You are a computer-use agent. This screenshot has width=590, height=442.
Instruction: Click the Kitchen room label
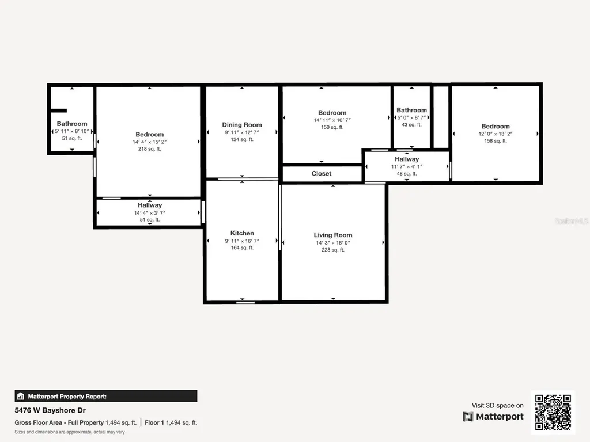(242, 233)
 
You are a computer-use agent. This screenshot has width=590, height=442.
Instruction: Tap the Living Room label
(333, 235)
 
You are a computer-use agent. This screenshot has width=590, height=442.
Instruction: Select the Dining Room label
(242, 125)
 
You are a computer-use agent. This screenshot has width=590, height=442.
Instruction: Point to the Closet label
(322, 173)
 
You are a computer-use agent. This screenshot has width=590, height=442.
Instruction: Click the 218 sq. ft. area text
(150, 149)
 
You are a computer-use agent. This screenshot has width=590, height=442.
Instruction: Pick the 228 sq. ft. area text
(333, 250)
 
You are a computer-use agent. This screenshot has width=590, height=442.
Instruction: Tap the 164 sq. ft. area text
(242, 248)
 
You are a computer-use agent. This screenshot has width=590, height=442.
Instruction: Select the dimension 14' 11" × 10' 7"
(332, 120)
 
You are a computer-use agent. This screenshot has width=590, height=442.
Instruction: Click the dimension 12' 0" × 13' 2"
(496, 134)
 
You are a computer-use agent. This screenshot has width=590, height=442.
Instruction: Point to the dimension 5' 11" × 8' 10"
(72, 131)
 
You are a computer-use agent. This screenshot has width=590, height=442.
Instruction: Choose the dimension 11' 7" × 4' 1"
(407, 166)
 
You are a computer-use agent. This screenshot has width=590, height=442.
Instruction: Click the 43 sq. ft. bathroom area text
(411, 125)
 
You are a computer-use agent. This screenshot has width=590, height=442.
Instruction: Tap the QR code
(553, 412)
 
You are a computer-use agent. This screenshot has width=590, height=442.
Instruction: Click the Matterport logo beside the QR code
(493, 417)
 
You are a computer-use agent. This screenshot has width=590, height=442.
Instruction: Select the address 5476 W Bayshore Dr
(50, 411)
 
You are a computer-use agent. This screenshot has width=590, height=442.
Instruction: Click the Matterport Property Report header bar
(106, 396)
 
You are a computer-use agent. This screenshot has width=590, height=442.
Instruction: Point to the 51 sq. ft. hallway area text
(150, 220)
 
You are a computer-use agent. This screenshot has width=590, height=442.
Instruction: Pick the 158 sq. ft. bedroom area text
(496, 141)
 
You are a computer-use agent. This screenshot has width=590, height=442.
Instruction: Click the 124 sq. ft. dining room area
(242, 140)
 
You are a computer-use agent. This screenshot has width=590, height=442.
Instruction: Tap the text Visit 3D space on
(498, 406)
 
